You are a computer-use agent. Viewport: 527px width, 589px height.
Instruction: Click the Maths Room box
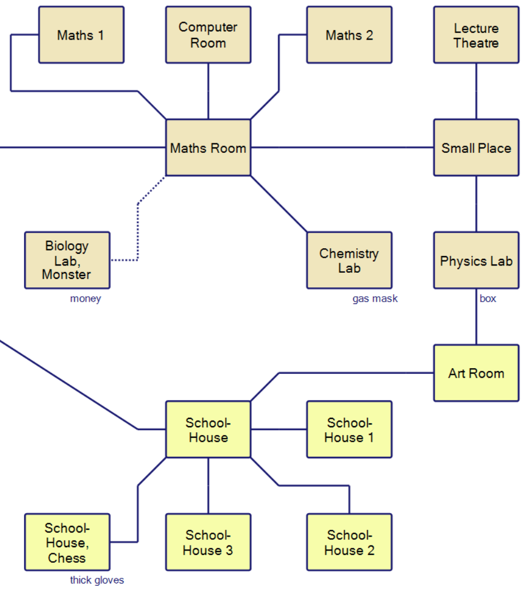click(208, 148)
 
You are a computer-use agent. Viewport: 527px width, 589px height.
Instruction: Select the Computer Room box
click(208, 35)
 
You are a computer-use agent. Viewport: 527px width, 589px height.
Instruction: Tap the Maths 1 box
click(81, 35)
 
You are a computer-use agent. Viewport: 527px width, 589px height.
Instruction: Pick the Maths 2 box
click(349, 35)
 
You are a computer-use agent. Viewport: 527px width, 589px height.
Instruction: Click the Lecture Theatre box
click(476, 35)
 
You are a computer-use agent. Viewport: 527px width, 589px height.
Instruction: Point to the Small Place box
click(476, 148)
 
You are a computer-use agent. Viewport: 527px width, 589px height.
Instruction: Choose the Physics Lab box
click(476, 260)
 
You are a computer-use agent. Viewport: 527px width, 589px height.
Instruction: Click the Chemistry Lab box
click(349, 260)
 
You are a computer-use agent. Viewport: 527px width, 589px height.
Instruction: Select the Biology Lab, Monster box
click(67, 260)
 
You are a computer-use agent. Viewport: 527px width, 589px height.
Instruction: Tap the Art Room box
click(476, 373)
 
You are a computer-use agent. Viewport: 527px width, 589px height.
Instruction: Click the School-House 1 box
click(349, 429)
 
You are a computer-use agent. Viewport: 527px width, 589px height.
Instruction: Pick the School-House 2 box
click(349, 542)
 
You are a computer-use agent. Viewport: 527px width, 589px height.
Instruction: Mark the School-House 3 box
click(208, 542)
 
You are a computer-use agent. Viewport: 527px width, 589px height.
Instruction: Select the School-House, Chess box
click(67, 542)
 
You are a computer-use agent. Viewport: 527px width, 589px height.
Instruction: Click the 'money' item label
click(85, 299)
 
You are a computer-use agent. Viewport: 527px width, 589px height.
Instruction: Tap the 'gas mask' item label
click(375, 299)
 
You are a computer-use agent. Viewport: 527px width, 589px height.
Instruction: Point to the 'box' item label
click(487, 299)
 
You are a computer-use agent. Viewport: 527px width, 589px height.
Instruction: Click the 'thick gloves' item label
click(97, 581)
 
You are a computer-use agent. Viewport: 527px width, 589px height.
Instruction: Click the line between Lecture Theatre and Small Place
click(476, 91)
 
